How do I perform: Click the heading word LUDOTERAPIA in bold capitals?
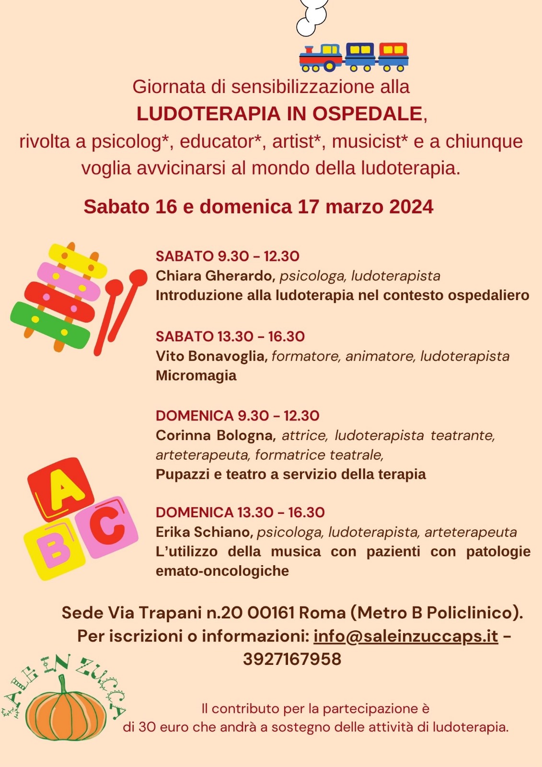click(208, 114)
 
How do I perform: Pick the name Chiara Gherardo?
click(214, 276)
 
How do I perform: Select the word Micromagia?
click(196, 375)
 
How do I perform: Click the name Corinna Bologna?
click(214, 435)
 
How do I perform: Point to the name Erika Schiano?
click(204, 532)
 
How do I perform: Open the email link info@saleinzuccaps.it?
click(405, 636)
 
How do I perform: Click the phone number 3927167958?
click(292, 659)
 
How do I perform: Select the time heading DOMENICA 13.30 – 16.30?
click(240, 512)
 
